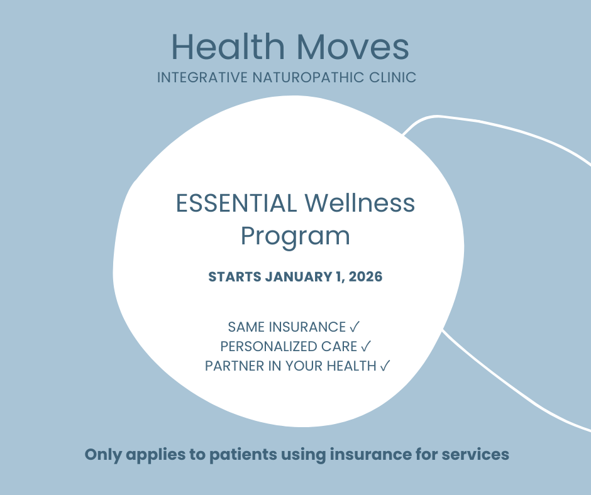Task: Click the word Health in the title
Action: pyautogui.click(x=228, y=46)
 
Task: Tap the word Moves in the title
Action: pyautogui.click(x=353, y=46)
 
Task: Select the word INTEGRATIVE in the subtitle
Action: pyautogui.click(x=202, y=77)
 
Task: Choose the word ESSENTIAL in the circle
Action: pyautogui.click(x=236, y=203)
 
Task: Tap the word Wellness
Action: pyautogui.click(x=360, y=203)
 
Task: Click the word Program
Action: pyautogui.click(x=295, y=237)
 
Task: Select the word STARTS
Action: pyautogui.click(x=235, y=277)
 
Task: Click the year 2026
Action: pyautogui.click(x=366, y=277)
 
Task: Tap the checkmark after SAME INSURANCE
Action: pyautogui.click(x=355, y=327)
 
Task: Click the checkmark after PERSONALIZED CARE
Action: pyautogui.click(x=366, y=346)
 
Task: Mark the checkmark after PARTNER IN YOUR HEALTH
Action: pyautogui.click(x=385, y=366)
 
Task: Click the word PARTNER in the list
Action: pyautogui.click(x=235, y=366)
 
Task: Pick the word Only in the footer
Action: pyautogui.click(x=103, y=455)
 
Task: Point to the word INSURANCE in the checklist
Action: pyautogui.click(x=307, y=327)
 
